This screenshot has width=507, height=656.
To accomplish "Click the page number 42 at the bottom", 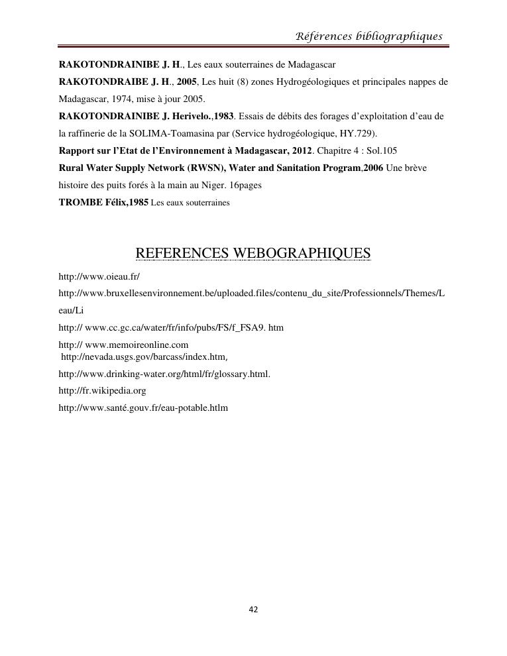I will click(x=253, y=610).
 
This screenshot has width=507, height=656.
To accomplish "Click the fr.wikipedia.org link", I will click(x=102, y=391).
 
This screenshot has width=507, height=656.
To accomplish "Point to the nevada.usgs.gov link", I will click(x=144, y=357).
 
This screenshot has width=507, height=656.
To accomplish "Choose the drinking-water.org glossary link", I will click(x=164, y=374).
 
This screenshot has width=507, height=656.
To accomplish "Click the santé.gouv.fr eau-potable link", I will click(x=143, y=408).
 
